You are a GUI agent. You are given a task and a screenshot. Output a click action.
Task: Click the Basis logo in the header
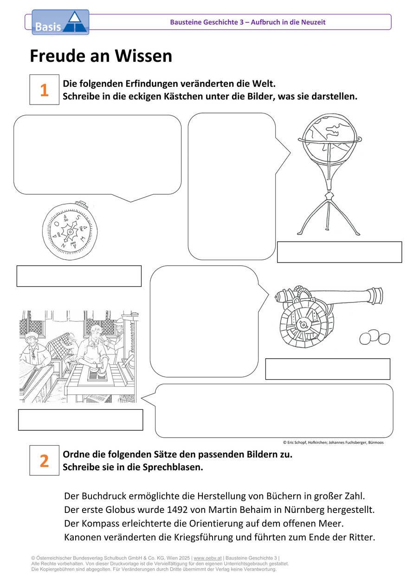point(60,22)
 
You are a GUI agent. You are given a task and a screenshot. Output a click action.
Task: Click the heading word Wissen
point(143,56)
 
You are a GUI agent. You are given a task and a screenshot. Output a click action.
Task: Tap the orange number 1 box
point(45,90)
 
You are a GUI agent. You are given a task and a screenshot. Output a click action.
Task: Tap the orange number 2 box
point(45,460)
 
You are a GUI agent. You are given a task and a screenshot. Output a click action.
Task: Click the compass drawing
point(70,231)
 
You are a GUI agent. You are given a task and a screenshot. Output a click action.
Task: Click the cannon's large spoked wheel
point(304,325)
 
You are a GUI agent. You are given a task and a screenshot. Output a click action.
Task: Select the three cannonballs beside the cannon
point(374,337)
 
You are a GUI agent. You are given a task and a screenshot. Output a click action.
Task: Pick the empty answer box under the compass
point(79,276)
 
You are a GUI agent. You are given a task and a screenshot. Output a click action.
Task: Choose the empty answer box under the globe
point(339,252)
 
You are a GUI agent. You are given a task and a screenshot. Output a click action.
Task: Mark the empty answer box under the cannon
point(328,369)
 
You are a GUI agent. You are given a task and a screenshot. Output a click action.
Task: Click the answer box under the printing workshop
point(81,420)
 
